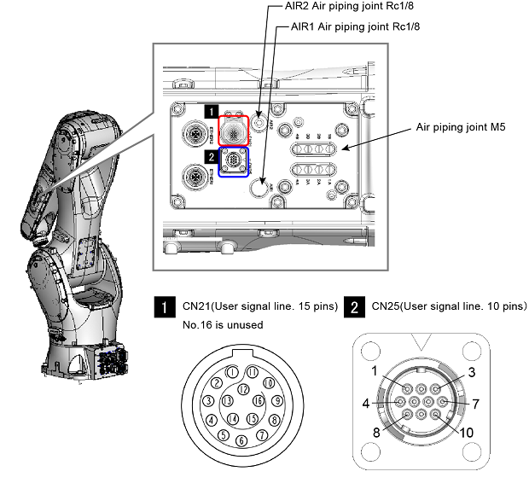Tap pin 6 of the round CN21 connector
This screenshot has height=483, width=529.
click(x=241, y=440)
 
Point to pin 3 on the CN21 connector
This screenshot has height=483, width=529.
click(x=208, y=400)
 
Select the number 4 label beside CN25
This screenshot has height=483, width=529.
click(x=363, y=400)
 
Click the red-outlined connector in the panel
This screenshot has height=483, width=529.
click(x=233, y=130)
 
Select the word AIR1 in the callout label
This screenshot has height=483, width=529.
click(x=304, y=26)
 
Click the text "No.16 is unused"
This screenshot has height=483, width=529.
click(x=223, y=324)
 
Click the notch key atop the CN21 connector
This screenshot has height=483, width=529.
click(x=241, y=352)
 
